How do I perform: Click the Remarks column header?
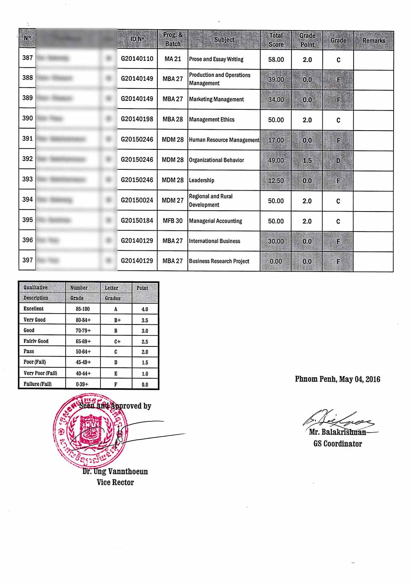(374, 40)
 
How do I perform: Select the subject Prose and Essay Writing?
(216, 59)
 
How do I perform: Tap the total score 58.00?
(276, 60)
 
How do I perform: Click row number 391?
(28, 139)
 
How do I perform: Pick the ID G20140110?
(137, 59)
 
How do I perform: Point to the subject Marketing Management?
(216, 99)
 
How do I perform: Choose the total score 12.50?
(276, 181)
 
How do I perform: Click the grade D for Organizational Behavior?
(338, 161)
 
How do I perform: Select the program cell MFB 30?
(173, 221)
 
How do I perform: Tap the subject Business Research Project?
(219, 261)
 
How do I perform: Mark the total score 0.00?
(276, 262)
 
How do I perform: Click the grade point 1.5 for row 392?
(307, 161)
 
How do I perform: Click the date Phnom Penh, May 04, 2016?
(338, 379)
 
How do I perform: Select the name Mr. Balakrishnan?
(338, 433)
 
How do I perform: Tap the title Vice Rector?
(115, 483)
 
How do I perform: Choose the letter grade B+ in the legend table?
(117, 320)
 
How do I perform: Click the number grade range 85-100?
(83, 309)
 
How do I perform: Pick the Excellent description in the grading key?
(34, 309)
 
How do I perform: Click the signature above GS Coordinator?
(339, 420)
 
